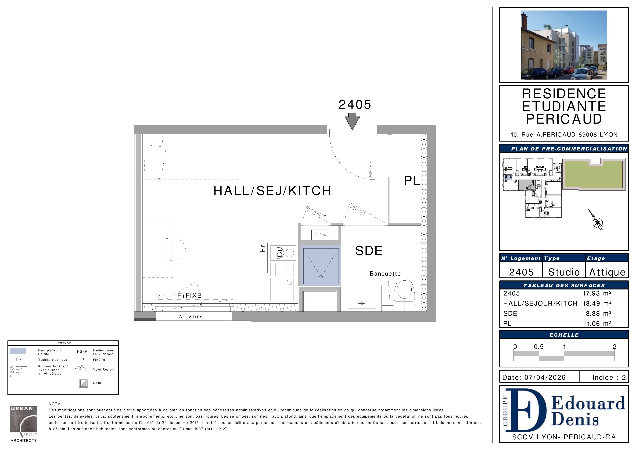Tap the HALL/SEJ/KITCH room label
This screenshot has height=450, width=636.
[x=272, y=191]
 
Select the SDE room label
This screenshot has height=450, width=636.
[x=369, y=251]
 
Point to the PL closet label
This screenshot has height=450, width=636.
[x=412, y=181]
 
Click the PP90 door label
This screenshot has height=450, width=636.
[x=371, y=170]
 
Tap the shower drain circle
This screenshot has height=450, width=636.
[x=321, y=277]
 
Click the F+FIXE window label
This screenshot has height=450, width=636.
[x=189, y=296]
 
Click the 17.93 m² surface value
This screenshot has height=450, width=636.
[x=597, y=293]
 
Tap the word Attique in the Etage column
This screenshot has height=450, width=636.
[x=607, y=272]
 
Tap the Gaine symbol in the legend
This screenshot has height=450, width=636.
[x=84, y=383]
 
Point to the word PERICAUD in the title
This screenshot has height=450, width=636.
[x=564, y=119]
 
